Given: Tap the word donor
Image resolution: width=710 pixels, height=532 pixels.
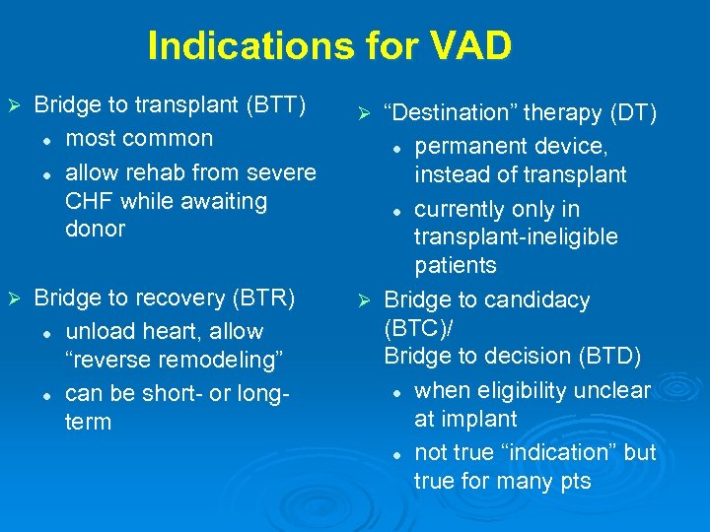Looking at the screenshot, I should [95, 230].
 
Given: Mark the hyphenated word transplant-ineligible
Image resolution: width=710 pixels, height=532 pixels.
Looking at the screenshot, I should [516, 237].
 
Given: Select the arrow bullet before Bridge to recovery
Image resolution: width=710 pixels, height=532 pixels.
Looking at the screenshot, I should [14, 298].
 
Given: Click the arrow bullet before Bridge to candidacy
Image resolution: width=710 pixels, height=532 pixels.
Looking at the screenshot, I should [363, 299].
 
